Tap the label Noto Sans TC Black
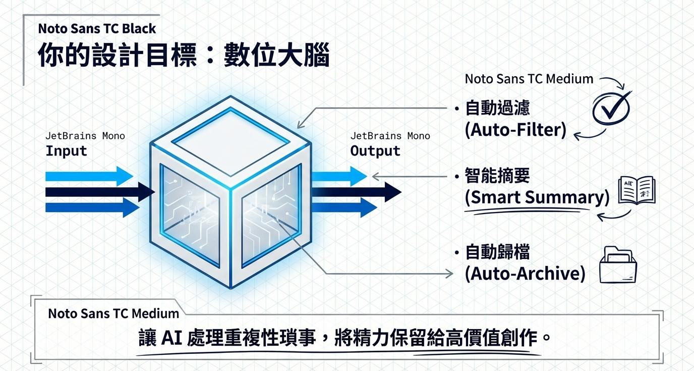click(97, 29)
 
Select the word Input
click(66, 151)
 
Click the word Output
click(375, 151)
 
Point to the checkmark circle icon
click(610, 107)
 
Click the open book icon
click(637, 190)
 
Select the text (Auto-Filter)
click(515, 130)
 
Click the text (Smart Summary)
click(537, 197)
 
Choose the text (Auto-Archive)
click(525, 274)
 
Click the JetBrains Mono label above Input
click(85, 136)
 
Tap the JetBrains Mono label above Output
click(390, 136)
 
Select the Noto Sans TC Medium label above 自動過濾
click(529, 79)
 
